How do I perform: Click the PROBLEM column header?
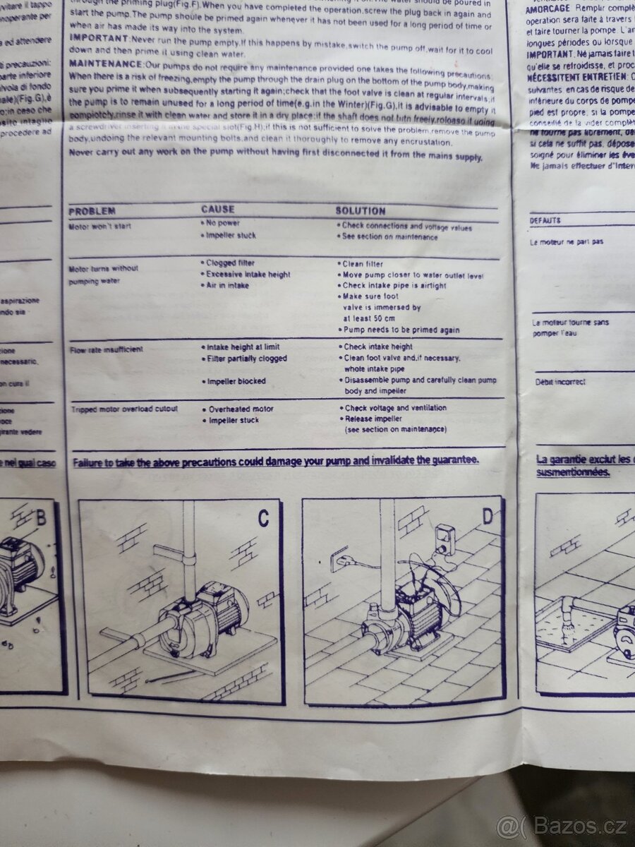[92, 211]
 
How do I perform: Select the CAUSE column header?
[218, 210]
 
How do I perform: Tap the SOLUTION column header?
[360, 210]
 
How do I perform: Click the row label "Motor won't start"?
[99, 227]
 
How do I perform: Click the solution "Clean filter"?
[362, 263]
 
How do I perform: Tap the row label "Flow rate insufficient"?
[106, 349]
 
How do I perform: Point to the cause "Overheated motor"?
[240, 409]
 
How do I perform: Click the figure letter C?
[262, 518]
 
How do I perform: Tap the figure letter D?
[488, 516]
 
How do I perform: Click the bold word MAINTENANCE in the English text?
[97, 64]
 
